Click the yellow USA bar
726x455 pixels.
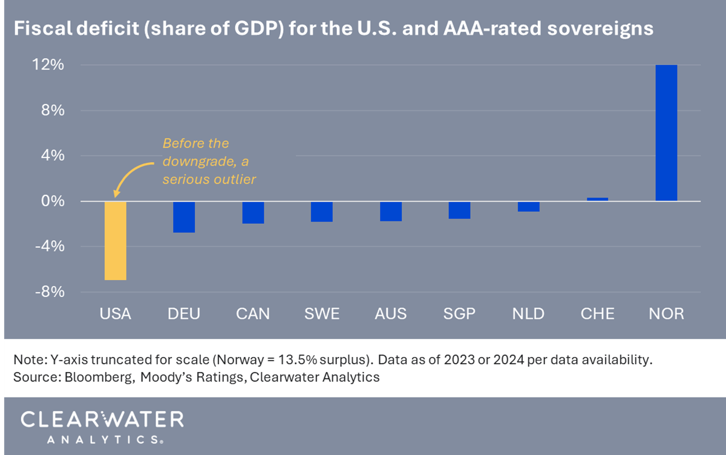click(x=116, y=240)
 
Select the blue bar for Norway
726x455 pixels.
click(x=666, y=133)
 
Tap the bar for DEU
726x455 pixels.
click(x=184, y=217)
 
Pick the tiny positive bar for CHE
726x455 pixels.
click(x=598, y=199)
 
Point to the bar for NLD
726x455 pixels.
click(x=529, y=206)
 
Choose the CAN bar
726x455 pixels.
click(x=253, y=212)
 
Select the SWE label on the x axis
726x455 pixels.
click(x=321, y=313)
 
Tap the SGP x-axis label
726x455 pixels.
click(x=459, y=313)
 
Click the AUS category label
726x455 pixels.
click(x=390, y=313)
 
